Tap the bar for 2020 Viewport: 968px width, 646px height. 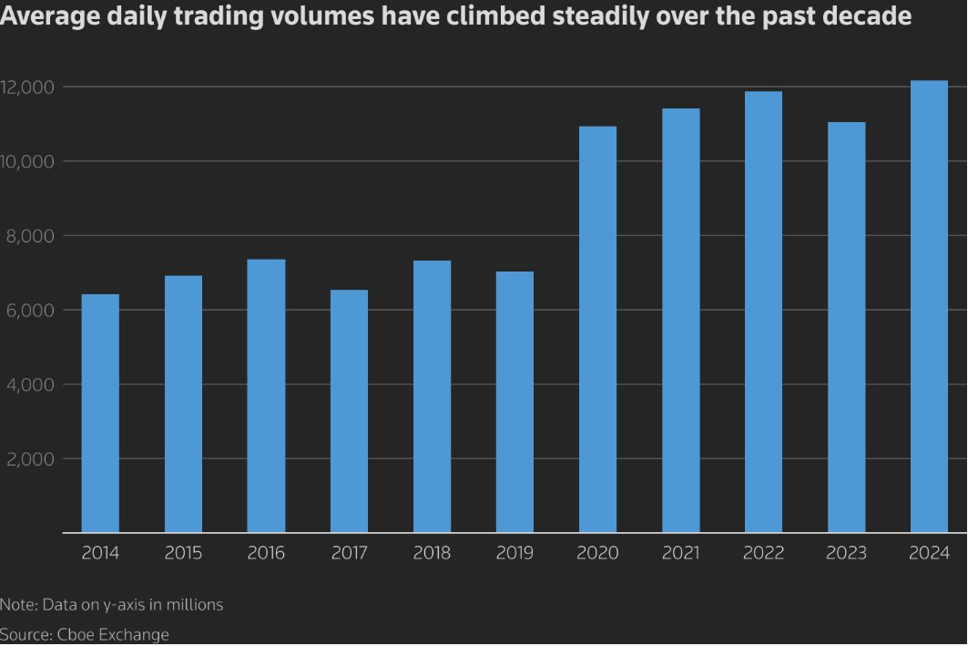597,329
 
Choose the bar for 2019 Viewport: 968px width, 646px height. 515,402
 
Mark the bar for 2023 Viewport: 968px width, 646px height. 846,327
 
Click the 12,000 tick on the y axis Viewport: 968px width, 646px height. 29,87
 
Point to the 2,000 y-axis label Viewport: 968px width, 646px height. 32,459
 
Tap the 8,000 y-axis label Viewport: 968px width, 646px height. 32,236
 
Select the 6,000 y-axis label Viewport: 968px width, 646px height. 32,311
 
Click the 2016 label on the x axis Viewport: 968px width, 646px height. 266,553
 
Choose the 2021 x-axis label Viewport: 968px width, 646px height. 680,553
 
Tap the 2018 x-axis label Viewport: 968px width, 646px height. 432,553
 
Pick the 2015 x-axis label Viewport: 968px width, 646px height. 183,553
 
